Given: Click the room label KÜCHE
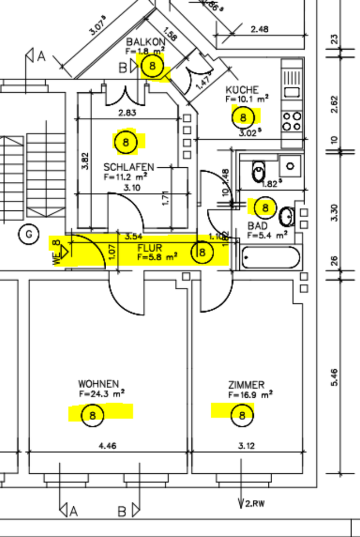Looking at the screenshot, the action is click(x=242, y=89).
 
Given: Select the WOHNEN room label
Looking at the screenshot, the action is click(x=98, y=384).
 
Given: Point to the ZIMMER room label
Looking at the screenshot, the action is click(x=247, y=385).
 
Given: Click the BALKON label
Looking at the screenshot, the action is click(x=146, y=42).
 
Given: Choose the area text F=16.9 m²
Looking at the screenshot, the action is click(x=250, y=394).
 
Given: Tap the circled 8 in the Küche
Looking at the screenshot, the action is click(x=243, y=117).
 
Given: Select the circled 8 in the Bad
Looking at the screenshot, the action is click(x=266, y=208).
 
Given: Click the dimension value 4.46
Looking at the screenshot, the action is click(x=107, y=446).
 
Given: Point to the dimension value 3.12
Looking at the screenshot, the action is click(x=246, y=446).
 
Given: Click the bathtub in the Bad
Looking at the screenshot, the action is click(x=271, y=258).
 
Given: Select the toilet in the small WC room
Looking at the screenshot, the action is click(x=259, y=171).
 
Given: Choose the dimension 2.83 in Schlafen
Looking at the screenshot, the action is click(x=127, y=113).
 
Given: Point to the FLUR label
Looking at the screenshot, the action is click(x=150, y=247).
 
